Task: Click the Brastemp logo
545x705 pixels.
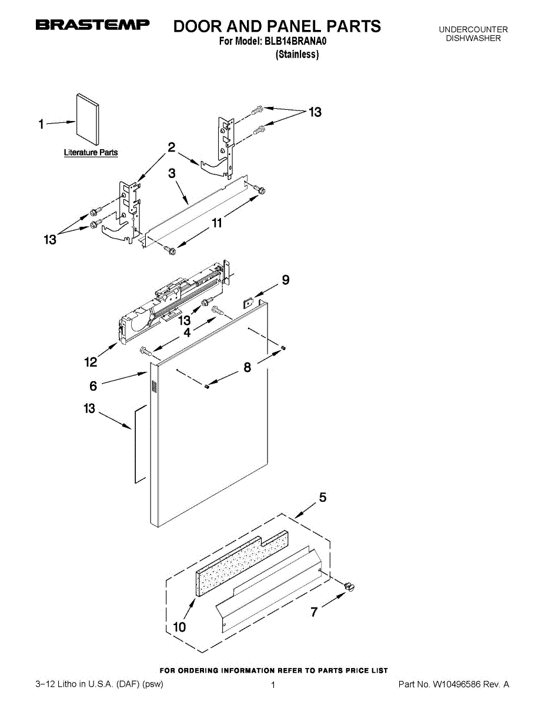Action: coord(93,25)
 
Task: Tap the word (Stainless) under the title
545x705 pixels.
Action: coord(297,55)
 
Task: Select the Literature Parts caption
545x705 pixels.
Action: coord(91,153)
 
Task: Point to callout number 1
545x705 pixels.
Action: coord(41,124)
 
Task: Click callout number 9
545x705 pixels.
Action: coord(285,280)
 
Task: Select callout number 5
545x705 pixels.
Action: coord(323,498)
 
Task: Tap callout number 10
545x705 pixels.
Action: coord(179,627)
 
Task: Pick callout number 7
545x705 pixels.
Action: coord(315,612)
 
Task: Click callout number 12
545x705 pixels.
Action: coord(91,362)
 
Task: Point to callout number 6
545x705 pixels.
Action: coord(93,385)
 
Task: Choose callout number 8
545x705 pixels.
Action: coord(247,368)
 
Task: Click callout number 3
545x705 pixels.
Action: coord(172,173)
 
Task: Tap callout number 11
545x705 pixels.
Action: coord(217,223)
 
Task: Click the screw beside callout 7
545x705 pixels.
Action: coord(350,585)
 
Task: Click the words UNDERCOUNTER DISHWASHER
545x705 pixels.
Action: coord(473,34)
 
